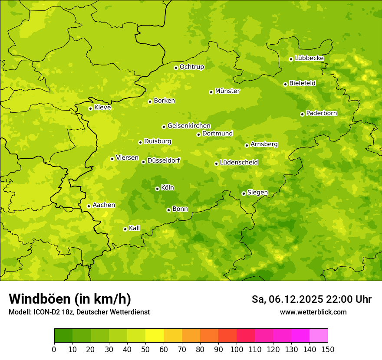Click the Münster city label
[x=227, y=91]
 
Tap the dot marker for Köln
[x=157, y=189]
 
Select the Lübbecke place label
[x=309, y=58]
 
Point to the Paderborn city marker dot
[x=302, y=114]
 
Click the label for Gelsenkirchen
[x=189, y=126]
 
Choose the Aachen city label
[x=104, y=205]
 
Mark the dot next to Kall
[x=125, y=229]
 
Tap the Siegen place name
[x=257, y=193]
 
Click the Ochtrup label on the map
[x=191, y=67]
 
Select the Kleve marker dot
[x=90, y=108]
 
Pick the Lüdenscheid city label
[x=239, y=163]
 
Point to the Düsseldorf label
[x=163, y=160]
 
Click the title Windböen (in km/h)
[x=70, y=299]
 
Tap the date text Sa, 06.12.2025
[x=287, y=299]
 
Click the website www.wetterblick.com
[x=313, y=312]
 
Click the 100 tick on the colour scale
[x=237, y=349]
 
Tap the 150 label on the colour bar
[x=328, y=349]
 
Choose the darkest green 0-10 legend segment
[x=63, y=335]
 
